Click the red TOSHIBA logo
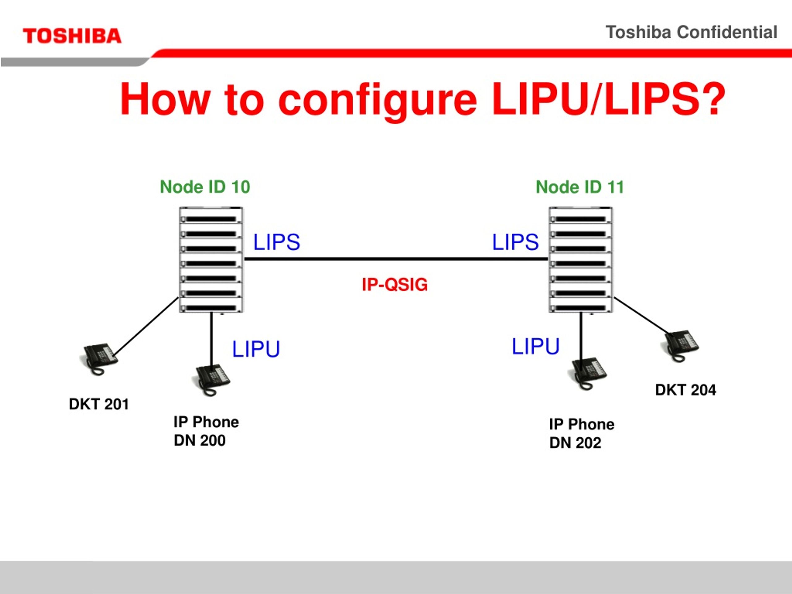click(x=72, y=36)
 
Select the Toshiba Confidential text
click(x=691, y=32)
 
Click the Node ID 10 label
click(x=205, y=187)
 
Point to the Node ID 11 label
click(x=580, y=187)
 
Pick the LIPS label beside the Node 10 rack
click(x=276, y=242)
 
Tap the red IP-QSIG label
click(x=394, y=285)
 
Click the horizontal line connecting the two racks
click(x=396, y=259)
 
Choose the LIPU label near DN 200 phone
click(x=256, y=349)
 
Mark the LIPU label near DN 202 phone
click(x=535, y=346)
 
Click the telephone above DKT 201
click(x=98, y=359)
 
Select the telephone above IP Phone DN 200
click(x=211, y=380)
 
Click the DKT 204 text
click(x=685, y=390)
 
